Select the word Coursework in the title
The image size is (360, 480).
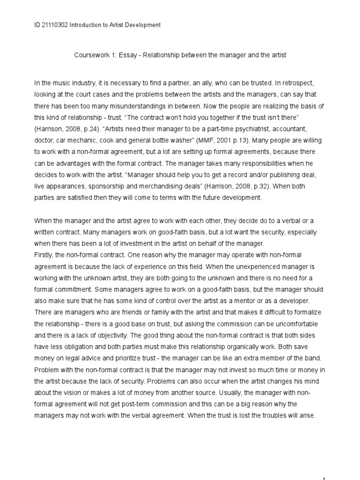pyautogui.click(x=92, y=55)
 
